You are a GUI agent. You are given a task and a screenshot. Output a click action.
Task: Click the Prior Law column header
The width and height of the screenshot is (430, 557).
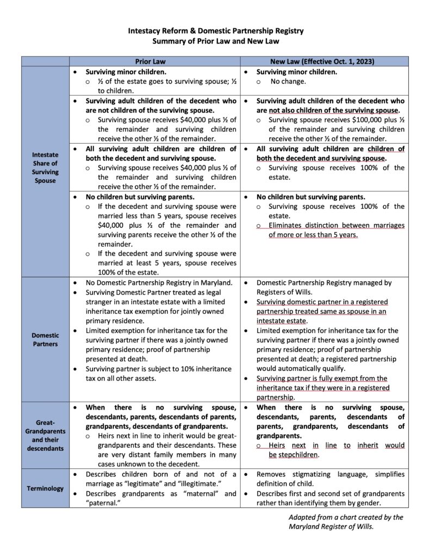coord(154,61)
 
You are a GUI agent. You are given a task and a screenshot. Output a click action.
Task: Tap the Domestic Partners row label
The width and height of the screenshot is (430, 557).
coord(45,339)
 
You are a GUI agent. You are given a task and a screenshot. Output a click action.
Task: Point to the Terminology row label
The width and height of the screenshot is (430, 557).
coord(45,488)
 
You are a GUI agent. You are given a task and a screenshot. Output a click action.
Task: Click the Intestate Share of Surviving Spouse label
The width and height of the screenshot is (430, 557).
coord(45,168)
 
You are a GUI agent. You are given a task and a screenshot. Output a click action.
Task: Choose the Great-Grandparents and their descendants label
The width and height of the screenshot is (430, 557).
coord(45,433)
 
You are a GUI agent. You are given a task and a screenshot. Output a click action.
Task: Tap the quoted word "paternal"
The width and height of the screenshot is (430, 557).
coord(104,503)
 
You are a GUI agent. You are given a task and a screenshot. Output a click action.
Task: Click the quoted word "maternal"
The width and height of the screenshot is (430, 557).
coord(195,493)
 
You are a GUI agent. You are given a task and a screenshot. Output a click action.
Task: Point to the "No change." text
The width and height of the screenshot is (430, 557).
coord(288,82)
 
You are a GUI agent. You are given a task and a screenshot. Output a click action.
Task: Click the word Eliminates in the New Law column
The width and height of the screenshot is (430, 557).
coord(288,226)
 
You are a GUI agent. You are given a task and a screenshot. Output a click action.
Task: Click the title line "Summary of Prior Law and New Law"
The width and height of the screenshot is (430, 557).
coord(215,41)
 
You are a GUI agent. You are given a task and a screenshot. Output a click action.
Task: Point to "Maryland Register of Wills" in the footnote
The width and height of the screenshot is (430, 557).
coord(331,527)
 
